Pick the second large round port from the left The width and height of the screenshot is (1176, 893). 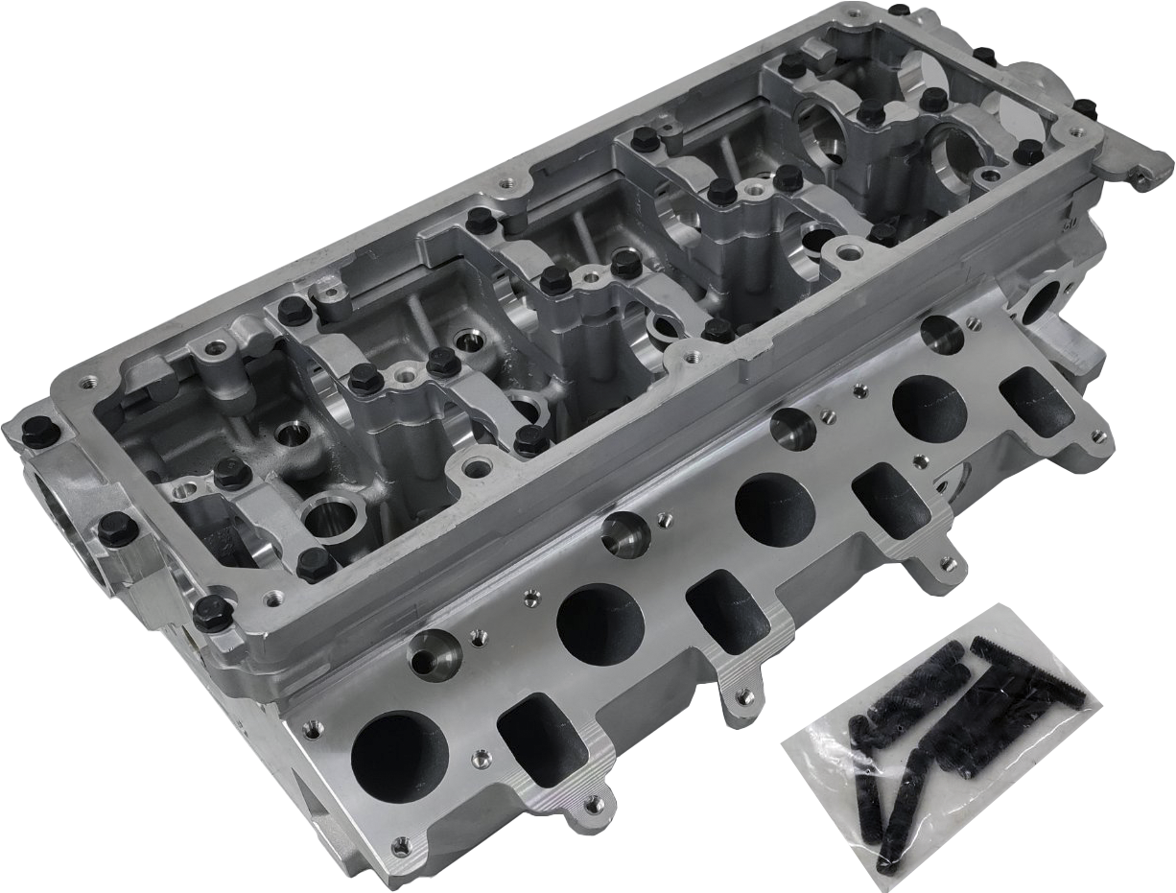point(600,624)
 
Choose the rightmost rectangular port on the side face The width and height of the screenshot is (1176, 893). point(1035,398)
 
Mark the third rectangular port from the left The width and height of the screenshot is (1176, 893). point(890,499)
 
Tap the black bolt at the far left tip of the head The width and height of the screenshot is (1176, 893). point(38,433)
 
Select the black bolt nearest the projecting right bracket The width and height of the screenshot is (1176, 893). point(1084,108)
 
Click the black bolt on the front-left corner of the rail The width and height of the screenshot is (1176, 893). point(212,612)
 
